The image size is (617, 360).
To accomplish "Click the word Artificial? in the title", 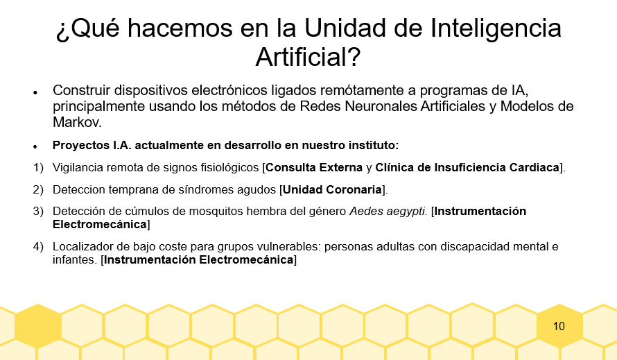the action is coord(308,57).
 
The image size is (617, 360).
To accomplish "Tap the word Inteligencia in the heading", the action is coord(496,29).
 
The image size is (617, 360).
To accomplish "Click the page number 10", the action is coord(559,326).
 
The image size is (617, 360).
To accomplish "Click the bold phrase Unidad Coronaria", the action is coord(332,190).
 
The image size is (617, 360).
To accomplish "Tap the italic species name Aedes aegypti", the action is coord(388,212).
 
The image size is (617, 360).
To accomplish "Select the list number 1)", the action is coord(38,168).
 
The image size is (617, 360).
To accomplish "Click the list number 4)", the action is coord(38,247).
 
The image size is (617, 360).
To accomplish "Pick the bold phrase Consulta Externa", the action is coord(314,168).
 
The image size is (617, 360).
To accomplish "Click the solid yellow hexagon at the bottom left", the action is coord(38,326).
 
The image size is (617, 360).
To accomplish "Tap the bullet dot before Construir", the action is coord(35,93).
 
